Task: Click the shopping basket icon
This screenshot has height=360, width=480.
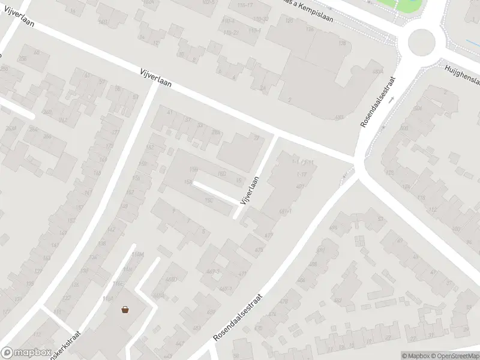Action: coord(125,310)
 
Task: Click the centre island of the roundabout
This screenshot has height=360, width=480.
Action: coord(421,42)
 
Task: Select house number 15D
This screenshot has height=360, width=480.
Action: coord(221,174)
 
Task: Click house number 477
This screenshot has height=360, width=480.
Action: coord(268,235)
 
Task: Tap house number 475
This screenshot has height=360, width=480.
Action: coord(259,250)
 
